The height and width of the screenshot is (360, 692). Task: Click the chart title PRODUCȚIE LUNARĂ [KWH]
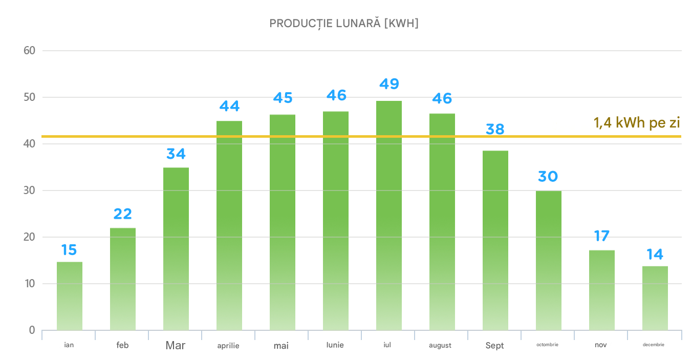coord(343,24)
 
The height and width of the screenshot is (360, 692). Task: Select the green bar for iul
coord(388,215)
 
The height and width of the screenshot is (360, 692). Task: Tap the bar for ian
coord(69,296)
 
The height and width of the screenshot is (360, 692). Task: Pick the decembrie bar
coord(655,298)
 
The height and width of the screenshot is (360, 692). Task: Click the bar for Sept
coord(495,240)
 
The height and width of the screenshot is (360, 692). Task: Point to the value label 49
coord(388,84)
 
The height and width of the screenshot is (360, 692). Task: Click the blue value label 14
coord(655,254)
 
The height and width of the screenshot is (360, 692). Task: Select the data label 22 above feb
coord(122,214)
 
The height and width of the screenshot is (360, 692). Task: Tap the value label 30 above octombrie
coord(548,177)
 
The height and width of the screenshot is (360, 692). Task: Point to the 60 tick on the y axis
coord(29,51)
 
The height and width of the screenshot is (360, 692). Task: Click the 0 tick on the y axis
coord(32,330)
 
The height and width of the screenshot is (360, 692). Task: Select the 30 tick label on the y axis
coord(29,190)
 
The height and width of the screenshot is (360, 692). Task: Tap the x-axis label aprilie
coord(228,346)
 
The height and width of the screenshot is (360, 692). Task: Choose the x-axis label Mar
coord(176,346)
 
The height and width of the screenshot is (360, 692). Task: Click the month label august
coord(440,346)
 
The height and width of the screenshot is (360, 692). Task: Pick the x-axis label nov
coord(601,345)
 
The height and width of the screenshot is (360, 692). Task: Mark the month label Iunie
coord(335,345)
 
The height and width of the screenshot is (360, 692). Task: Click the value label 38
coord(495,129)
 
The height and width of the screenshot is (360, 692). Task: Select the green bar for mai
coord(282,222)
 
